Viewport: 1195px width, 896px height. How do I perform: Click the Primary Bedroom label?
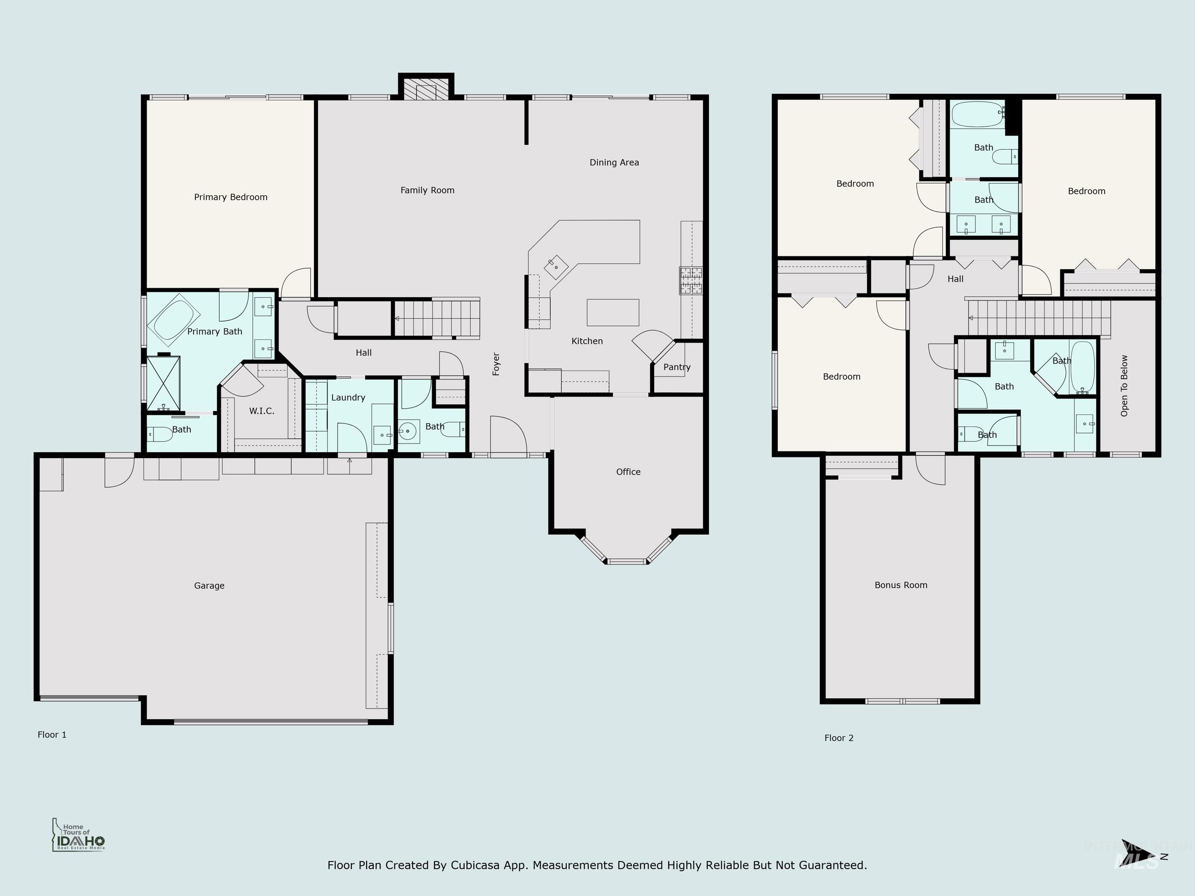[x=231, y=197]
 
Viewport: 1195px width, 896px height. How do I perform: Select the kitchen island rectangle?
[x=613, y=313]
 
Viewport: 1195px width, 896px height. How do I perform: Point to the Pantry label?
[x=676, y=367]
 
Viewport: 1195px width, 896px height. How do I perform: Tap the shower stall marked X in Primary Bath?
[x=163, y=382]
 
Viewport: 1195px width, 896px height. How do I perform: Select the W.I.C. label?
[x=261, y=411]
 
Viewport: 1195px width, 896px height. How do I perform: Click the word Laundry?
[x=348, y=398]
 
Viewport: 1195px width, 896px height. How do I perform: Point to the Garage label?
[x=209, y=585]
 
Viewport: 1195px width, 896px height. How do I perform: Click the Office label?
[x=628, y=472]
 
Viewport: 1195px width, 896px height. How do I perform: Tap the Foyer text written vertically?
[x=496, y=364]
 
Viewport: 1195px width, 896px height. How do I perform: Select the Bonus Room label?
[x=901, y=585]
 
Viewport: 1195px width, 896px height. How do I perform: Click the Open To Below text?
[x=1124, y=386]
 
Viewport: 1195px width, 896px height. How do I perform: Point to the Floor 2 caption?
[x=838, y=738]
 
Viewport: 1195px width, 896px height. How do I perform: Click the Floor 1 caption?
[x=52, y=734]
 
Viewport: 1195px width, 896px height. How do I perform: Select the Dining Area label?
[x=614, y=162]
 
